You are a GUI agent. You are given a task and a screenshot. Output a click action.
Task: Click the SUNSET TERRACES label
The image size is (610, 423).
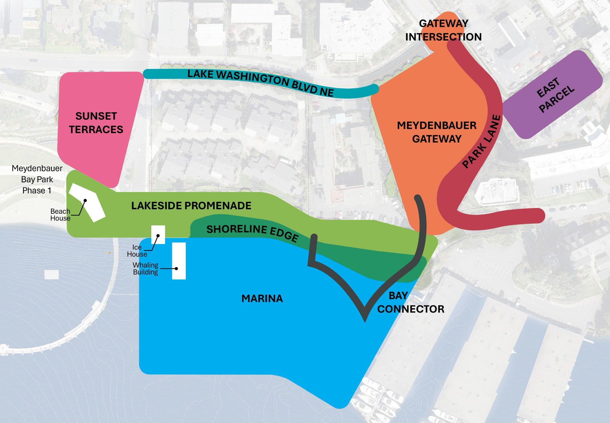pyautogui.click(x=96, y=123)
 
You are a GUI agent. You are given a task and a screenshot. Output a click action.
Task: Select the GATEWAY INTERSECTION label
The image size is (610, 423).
pyautogui.click(x=443, y=30)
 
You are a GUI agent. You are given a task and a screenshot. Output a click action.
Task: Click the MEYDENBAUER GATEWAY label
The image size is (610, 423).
pyautogui.click(x=436, y=132)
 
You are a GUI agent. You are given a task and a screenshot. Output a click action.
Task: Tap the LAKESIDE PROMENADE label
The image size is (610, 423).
pyautogui.click(x=191, y=206)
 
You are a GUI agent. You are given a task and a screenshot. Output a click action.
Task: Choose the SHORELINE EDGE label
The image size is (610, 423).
pyautogui.click(x=252, y=233)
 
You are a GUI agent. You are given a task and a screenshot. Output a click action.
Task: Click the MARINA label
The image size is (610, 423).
pyautogui.click(x=262, y=298)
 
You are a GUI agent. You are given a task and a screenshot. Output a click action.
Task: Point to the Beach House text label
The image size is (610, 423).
pyautogui.click(x=60, y=215)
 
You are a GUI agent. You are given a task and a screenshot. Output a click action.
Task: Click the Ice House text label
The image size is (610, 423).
pyautogui.click(x=137, y=251)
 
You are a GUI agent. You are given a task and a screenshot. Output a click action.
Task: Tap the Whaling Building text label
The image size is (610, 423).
pyautogui.click(x=145, y=268)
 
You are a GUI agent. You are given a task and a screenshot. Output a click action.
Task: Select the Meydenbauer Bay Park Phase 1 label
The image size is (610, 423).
pyautogui.click(x=37, y=179)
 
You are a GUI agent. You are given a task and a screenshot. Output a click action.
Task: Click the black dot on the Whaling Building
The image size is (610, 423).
pyautogui.click(x=176, y=268)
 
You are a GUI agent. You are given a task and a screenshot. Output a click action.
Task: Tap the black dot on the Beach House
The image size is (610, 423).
pyautogui.click(x=85, y=200)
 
